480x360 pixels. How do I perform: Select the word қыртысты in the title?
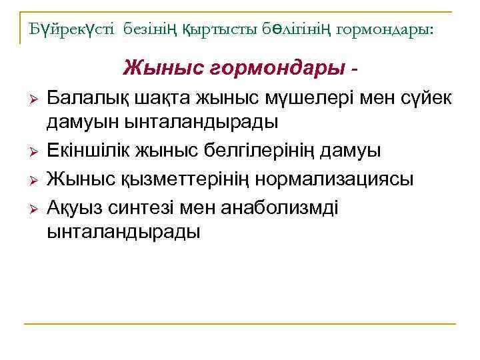211,30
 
